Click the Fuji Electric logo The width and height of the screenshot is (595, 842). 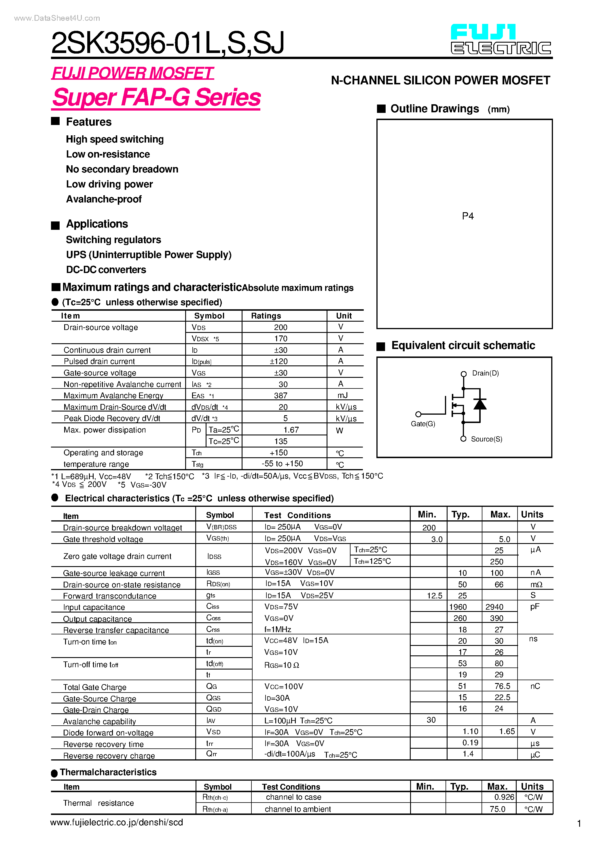pyautogui.click(x=501, y=40)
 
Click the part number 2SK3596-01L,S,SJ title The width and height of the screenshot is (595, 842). pyautogui.click(x=168, y=43)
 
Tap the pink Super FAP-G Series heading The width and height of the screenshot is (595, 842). pyautogui.click(x=156, y=98)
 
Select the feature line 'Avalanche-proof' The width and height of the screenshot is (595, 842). pyautogui.click(x=104, y=199)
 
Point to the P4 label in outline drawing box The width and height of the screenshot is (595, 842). pyautogui.click(x=468, y=216)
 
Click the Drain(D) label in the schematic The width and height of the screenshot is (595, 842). pyautogui.click(x=485, y=373)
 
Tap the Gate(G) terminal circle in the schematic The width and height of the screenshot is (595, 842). pyautogui.click(x=418, y=414)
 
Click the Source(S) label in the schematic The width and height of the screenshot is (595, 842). pyautogui.click(x=486, y=439)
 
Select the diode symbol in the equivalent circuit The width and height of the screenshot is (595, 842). pyautogui.click(x=480, y=404)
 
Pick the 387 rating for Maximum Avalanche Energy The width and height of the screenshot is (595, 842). pyautogui.click(x=281, y=396)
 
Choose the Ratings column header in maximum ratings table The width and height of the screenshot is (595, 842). pyautogui.click(x=266, y=316)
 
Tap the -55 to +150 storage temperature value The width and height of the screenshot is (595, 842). pyautogui.click(x=282, y=464)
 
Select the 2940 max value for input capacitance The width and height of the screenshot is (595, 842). pyautogui.click(x=494, y=607)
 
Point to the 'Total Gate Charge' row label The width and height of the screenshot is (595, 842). pyautogui.click(x=95, y=687)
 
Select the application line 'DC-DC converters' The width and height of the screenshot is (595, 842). pyautogui.click(x=106, y=270)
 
